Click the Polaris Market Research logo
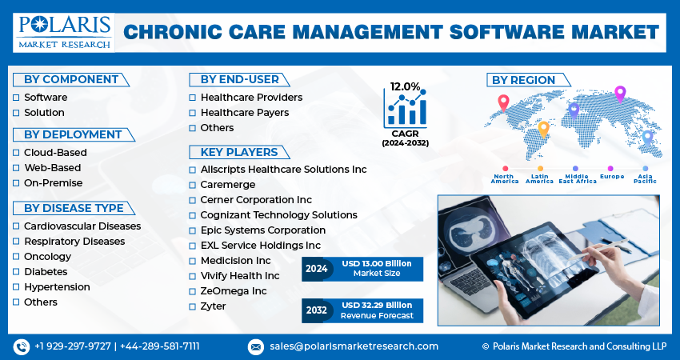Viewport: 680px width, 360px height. (63, 31)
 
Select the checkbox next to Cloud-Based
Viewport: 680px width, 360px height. (16, 153)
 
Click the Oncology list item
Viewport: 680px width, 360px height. (47, 257)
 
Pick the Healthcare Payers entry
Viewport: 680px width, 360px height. (245, 113)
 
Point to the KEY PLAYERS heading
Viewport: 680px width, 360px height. (239, 152)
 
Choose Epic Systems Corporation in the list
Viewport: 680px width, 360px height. (262, 230)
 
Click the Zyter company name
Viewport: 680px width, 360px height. (213, 306)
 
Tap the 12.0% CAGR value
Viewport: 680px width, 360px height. (405, 86)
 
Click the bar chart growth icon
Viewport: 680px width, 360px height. (405, 109)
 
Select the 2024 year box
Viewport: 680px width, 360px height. (317, 269)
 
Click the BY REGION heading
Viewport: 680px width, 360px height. (523, 80)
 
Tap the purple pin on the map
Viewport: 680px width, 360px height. (619, 94)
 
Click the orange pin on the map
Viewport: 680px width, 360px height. (543, 129)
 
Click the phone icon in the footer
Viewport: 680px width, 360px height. (22, 346)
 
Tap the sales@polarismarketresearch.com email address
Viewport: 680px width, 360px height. (353, 346)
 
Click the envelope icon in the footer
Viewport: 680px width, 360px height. (255, 346)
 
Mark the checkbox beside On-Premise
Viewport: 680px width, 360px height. (16, 183)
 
